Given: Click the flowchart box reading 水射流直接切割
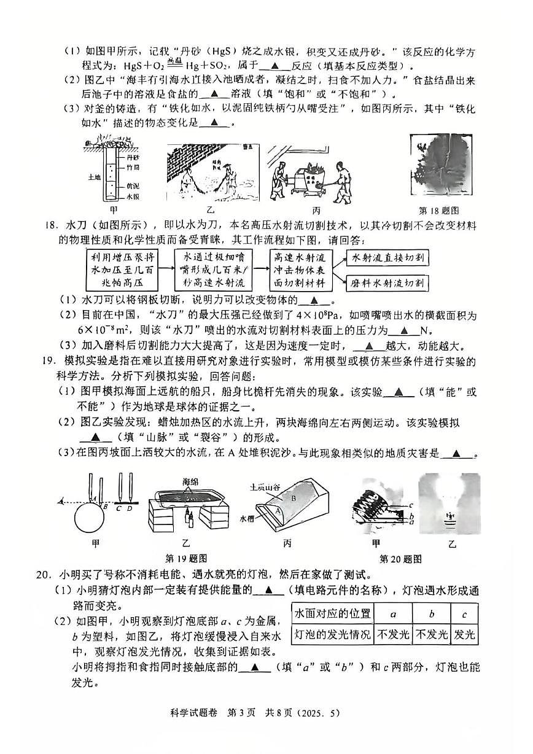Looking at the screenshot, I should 387,258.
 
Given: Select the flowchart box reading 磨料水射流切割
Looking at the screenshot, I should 387,282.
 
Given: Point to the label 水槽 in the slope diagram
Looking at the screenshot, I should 247,517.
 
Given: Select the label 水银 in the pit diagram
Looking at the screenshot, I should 133,197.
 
